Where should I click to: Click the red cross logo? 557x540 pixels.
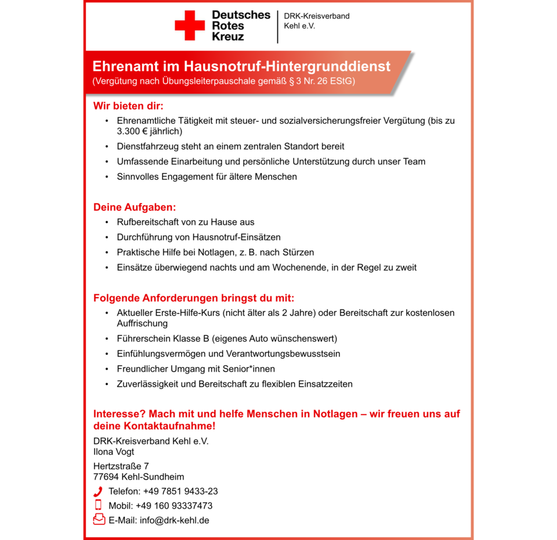point(190,26)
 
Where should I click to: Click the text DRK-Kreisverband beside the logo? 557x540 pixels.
point(316,16)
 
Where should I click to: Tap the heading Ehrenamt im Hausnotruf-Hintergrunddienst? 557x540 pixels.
point(241,66)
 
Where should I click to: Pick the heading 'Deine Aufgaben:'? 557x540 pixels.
point(134,207)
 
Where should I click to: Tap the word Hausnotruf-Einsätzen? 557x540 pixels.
point(238,237)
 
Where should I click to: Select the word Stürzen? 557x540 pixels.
point(298,253)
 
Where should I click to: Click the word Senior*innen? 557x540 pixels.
point(247,369)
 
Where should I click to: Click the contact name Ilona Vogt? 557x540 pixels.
point(114,452)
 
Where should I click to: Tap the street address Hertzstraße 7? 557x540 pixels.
point(121,466)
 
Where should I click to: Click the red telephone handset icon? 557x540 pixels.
point(98,492)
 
